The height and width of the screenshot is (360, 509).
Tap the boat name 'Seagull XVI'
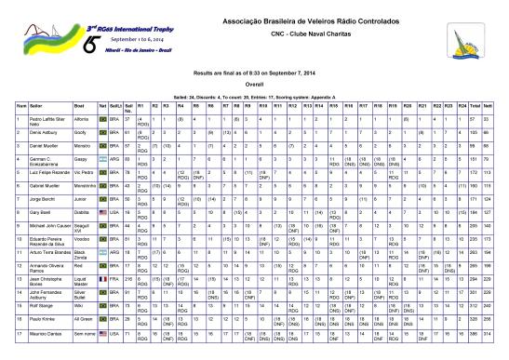pyautogui.click(x=82, y=227)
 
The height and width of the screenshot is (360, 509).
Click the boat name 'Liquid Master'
pyautogui.click(x=82, y=279)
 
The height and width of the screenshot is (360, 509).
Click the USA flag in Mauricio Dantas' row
pyautogui.click(x=103, y=332)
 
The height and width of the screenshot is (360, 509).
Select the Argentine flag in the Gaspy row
pyautogui.click(x=103, y=159)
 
